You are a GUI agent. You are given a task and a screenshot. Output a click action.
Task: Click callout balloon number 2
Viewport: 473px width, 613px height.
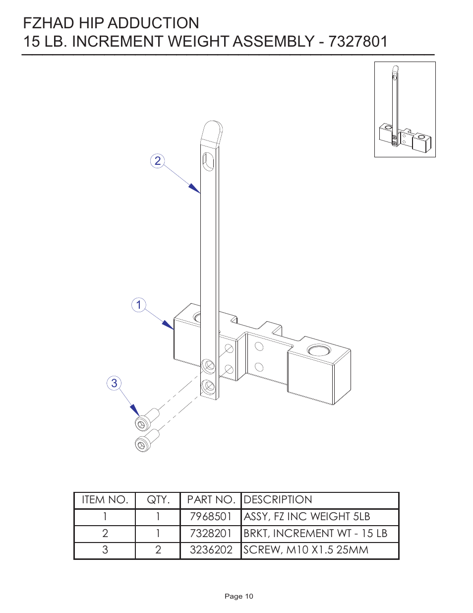coord(157,161)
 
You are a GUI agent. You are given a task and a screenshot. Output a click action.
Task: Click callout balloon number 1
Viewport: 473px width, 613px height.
coord(139,305)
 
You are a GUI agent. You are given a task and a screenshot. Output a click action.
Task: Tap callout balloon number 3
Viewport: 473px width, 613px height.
coord(115,383)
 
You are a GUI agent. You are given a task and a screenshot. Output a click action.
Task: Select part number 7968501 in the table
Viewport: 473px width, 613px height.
coord(211,517)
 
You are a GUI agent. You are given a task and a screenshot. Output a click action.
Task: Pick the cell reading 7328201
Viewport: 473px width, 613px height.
coord(211,534)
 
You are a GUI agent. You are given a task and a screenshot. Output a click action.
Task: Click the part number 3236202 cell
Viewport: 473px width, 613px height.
coord(211,550)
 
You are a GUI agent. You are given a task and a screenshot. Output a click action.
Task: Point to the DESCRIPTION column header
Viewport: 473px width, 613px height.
coord(278,500)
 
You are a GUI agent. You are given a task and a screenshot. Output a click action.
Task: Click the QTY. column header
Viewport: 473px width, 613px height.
coord(158,500)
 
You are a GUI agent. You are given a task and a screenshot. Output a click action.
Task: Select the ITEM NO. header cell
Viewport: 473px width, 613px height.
coord(105,500)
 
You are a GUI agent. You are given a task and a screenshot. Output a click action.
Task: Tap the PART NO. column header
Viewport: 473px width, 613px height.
coord(211,500)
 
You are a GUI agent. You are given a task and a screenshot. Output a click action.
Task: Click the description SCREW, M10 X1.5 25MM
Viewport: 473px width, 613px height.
coord(306,550)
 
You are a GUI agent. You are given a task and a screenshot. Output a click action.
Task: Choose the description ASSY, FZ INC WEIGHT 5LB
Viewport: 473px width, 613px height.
coord(307,517)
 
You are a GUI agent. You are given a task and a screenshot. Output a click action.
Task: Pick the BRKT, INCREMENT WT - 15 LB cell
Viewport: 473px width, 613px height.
coord(315,534)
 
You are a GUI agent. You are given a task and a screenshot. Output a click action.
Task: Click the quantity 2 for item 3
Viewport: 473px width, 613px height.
coord(158,550)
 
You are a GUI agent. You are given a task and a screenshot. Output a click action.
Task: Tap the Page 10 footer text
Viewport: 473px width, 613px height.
coord(238,596)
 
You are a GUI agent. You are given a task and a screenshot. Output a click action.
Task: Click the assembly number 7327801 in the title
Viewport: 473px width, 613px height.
coord(358,41)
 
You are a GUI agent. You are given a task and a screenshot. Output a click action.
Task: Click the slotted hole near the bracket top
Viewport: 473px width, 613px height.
coord(208,161)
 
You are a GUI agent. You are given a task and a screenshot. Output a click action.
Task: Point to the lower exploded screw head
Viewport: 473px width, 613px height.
coord(142,444)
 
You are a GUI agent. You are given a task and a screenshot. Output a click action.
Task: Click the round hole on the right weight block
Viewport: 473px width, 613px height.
coord(317,351)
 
